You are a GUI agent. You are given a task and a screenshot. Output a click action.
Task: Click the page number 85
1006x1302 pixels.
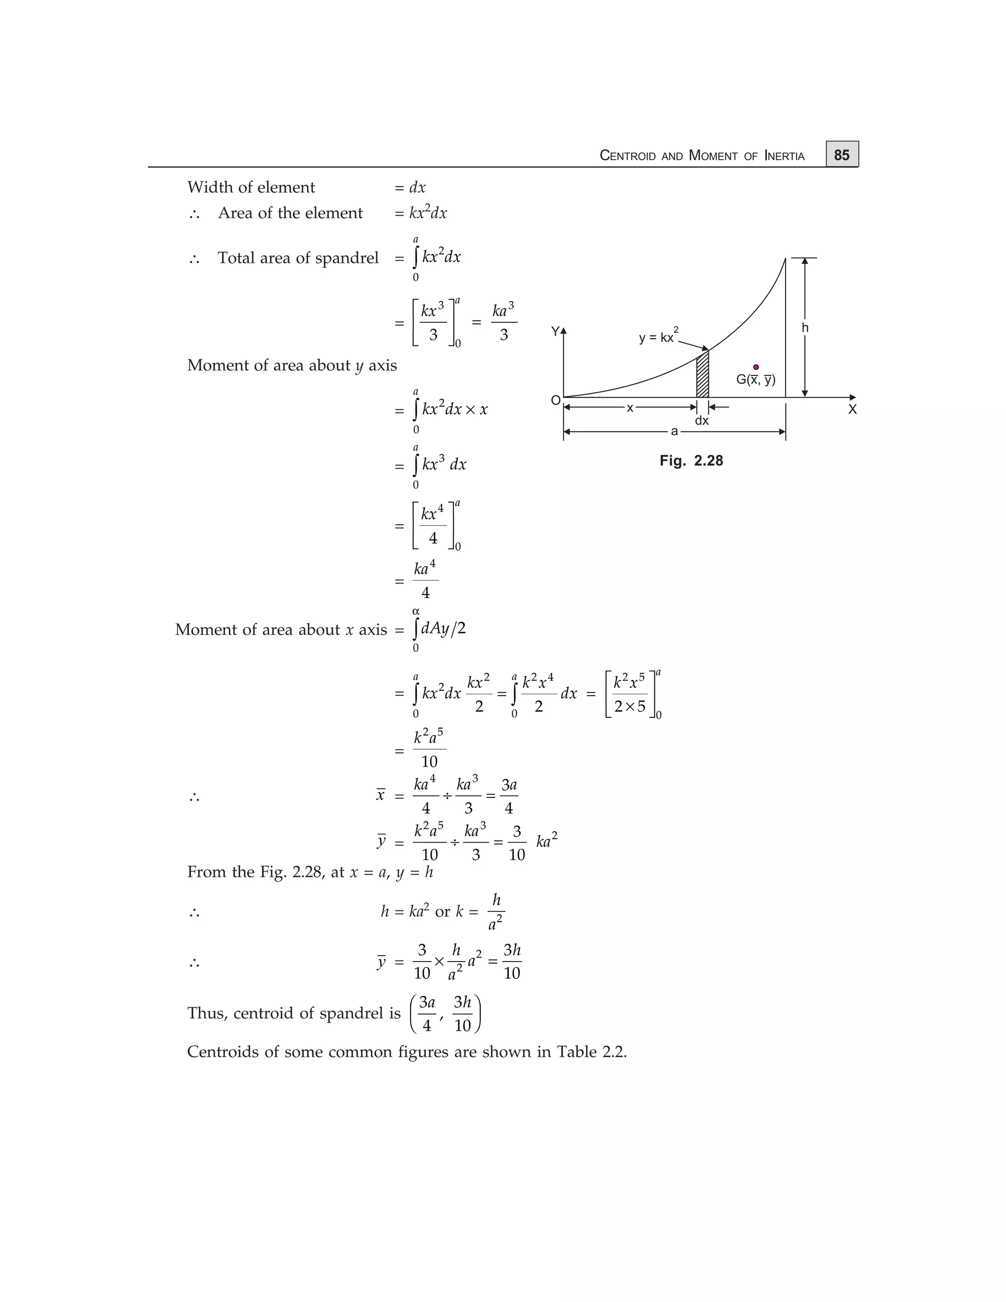pyautogui.click(x=841, y=155)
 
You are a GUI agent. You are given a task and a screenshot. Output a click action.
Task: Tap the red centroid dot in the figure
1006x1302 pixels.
pyautogui.click(x=755, y=367)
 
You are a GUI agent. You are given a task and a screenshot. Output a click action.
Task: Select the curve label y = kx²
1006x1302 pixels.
pyautogui.click(x=658, y=337)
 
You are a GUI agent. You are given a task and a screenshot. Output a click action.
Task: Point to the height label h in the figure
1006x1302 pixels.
pyautogui.click(x=805, y=327)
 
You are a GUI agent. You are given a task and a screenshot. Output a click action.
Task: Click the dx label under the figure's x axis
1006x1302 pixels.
pyautogui.click(x=701, y=421)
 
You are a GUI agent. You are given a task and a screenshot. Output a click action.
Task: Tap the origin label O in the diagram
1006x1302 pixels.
pyautogui.click(x=556, y=400)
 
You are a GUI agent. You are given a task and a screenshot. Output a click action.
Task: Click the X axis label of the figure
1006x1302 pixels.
pyautogui.click(x=852, y=410)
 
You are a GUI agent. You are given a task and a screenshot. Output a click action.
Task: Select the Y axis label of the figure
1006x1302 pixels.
pyautogui.click(x=555, y=332)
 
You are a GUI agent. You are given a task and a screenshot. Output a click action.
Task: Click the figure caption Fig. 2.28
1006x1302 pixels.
pyautogui.click(x=691, y=461)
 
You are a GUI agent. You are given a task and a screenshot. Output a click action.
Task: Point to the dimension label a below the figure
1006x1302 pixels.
pyautogui.click(x=674, y=431)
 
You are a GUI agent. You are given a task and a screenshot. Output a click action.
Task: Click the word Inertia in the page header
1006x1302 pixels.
pyautogui.click(x=784, y=156)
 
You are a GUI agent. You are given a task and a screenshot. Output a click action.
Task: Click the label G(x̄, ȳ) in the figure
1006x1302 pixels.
pyautogui.click(x=755, y=380)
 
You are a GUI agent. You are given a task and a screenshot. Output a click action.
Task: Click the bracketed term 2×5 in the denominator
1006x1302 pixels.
pyautogui.click(x=629, y=707)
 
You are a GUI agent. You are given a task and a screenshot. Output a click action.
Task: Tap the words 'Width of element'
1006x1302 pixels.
pyautogui.click(x=251, y=187)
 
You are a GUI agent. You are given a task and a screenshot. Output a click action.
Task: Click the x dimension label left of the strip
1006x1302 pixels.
pyautogui.click(x=629, y=408)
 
